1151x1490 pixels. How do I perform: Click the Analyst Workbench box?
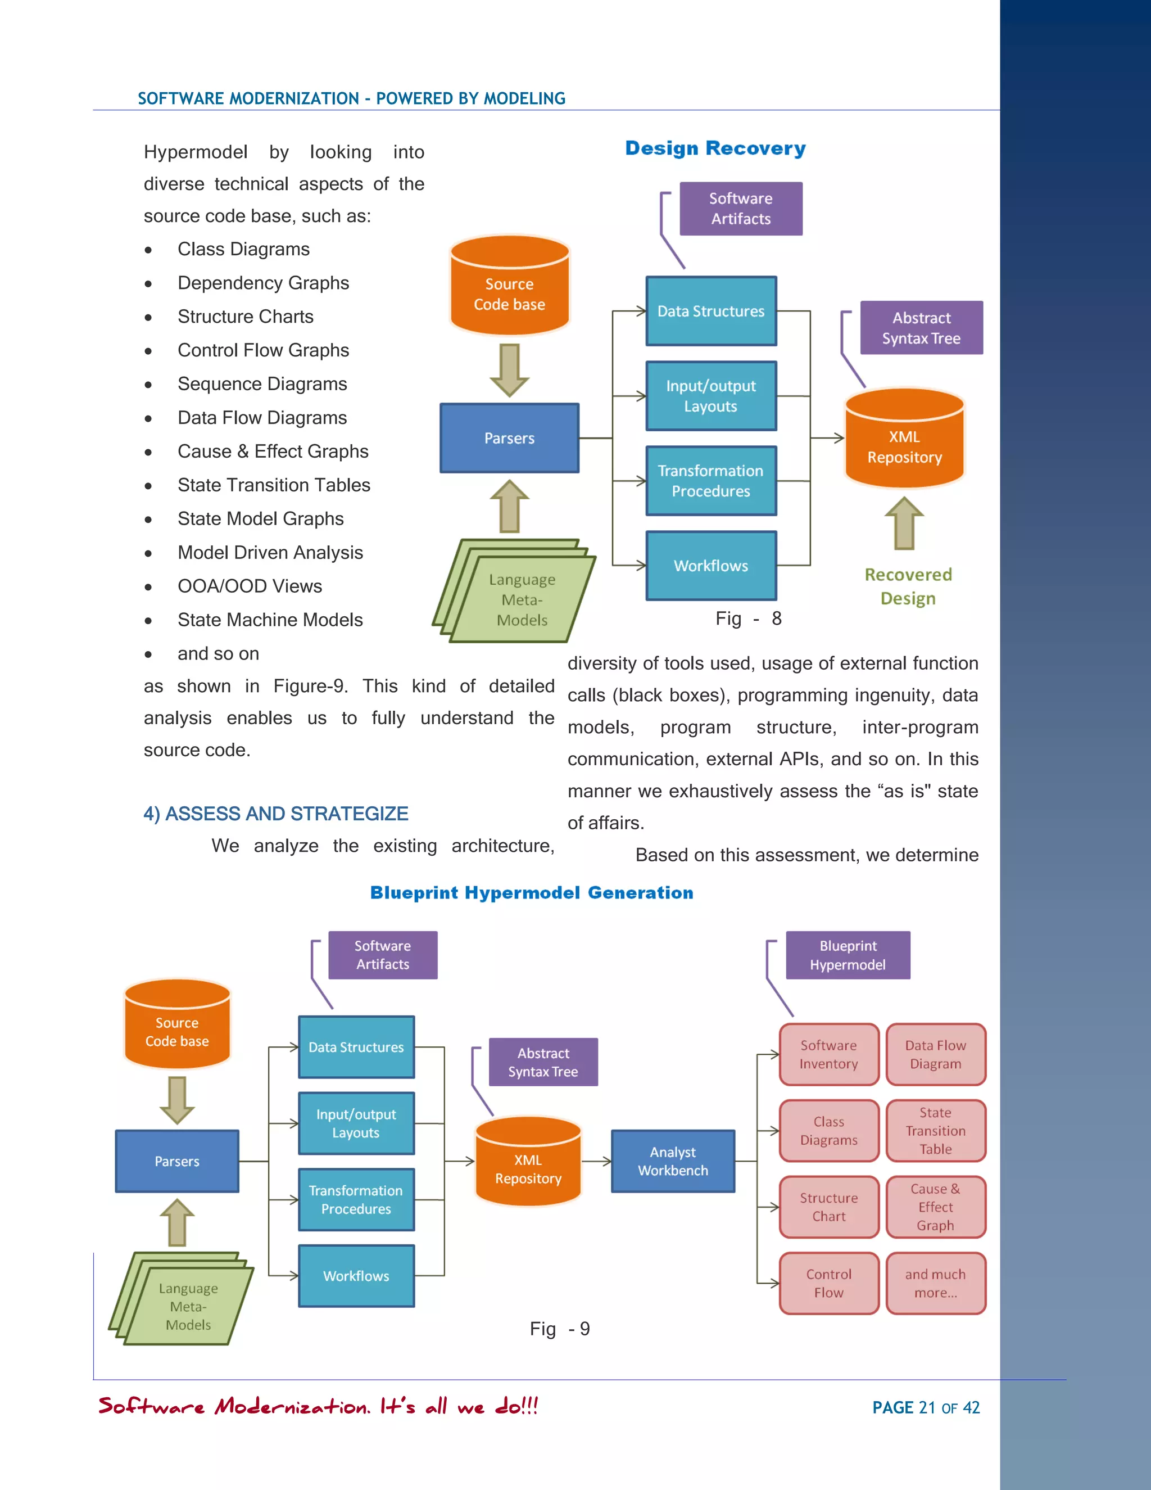[672, 1161]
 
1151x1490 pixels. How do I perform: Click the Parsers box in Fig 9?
[176, 1161]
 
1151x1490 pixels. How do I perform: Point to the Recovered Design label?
[908, 586]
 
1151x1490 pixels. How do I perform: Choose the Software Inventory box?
[828, 1054]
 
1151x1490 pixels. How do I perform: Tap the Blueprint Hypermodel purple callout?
[848, 955]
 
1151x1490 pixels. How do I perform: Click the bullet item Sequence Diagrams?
[262, 384]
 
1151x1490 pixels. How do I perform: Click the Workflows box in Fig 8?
[710, 566]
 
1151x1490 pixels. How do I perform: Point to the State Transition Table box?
[936, 1131]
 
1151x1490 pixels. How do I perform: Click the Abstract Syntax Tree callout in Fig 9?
[543, 1062]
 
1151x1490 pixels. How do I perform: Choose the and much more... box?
[936, 1283]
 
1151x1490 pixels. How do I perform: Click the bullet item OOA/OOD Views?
[250, 586]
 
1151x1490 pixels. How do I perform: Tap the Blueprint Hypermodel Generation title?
[531, 892]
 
